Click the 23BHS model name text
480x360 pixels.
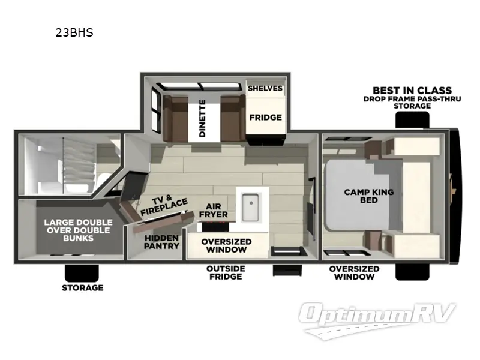click(74, 33)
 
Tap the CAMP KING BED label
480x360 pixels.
click(368, 196)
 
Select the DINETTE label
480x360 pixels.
click(203, 118)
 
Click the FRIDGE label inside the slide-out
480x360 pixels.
click(265, 117)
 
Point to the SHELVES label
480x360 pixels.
click(265, 88)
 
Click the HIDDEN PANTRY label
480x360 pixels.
click(161, 242)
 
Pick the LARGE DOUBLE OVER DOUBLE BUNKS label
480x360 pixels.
click(69, 230)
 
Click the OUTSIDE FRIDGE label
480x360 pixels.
click(224, 272)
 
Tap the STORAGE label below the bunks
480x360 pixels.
click(82, 287)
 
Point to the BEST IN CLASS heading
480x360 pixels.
click(412, 91)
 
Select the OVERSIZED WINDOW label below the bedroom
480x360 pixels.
click(354, 272)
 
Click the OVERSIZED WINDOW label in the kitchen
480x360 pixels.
click(226, 245)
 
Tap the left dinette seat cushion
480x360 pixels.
click(176, 117)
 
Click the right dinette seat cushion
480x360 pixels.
click(231, 117)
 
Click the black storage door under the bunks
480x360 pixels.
click(82, 272)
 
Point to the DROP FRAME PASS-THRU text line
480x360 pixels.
click(412, 98)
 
